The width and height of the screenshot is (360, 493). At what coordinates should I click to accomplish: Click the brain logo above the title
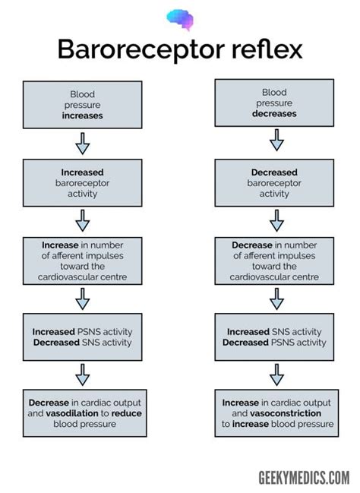180,20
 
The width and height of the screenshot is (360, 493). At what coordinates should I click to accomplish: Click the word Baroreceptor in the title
141,49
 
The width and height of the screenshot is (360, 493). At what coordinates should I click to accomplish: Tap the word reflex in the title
267,49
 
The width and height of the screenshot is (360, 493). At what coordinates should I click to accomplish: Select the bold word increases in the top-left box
82,115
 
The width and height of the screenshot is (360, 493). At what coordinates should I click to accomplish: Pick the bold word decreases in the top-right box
274,113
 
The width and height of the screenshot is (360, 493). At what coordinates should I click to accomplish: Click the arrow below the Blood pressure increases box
82,144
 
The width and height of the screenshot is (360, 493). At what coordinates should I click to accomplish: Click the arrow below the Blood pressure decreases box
276,140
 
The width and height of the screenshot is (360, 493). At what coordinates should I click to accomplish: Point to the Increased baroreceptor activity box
82,182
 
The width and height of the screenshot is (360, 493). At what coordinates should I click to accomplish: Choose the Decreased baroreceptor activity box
274,182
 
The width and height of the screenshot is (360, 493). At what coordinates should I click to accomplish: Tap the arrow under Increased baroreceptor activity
82,221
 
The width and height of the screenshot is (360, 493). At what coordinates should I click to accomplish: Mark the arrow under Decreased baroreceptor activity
276,221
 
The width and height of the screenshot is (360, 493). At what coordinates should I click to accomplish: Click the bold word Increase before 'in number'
60,245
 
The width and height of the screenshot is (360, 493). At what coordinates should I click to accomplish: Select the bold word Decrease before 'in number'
252,245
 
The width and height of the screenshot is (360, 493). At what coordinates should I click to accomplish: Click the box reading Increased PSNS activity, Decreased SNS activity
82,337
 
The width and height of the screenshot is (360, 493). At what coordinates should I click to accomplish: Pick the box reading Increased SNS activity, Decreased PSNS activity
274,337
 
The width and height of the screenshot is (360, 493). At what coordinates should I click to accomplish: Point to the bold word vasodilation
72,413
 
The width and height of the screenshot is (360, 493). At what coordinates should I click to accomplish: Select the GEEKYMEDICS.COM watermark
304,478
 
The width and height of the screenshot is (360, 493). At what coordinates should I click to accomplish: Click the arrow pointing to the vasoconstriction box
276,375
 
